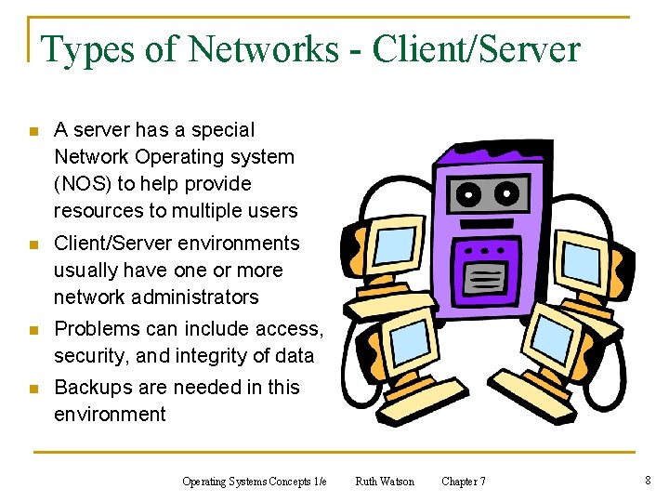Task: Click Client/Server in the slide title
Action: [x=476, y=48]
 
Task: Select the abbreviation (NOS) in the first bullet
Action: [x=85, y=183]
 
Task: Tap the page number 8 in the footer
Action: [x=647, y=481]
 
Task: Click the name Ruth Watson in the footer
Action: [x=385, y=482]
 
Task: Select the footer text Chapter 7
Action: [x=463, y=482]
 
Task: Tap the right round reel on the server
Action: [x=507, y=195]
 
